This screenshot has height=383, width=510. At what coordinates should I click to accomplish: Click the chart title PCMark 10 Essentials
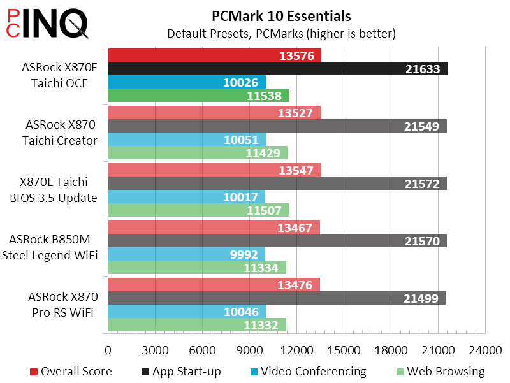pyautogui.click(x=281, y=15)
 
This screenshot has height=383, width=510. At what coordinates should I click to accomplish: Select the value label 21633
pyautogui.click(x=423, y=69)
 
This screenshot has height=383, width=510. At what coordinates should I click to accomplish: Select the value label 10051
pyautogui.click(x=240, y=140)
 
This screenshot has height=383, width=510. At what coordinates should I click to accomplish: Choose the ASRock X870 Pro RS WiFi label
pyautogui.click(x=62, y=305)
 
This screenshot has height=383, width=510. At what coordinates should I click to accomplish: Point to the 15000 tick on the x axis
pyautogui.click(x=344, y=350)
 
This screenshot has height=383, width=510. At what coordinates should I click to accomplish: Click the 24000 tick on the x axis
pyautogui.click(x=485, y=350)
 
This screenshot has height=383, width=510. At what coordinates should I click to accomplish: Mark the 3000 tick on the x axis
pyautogui.click(x=155, y=350)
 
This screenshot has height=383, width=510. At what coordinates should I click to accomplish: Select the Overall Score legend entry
pyautogui.click(x=71, y=372)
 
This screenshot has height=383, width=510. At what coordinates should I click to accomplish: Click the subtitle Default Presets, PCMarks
pyautogui.click(x=281, y=33)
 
